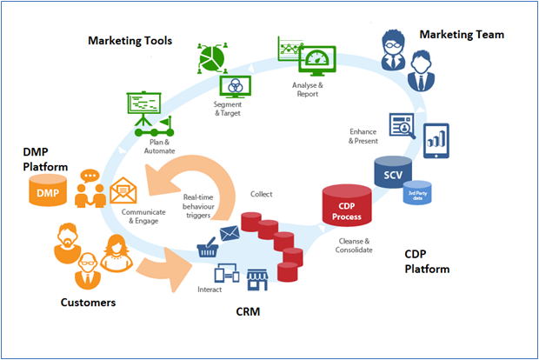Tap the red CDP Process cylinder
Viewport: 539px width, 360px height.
pos(347,210)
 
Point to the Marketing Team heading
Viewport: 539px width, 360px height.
pos(462,35)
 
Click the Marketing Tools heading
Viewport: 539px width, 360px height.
pos(130,41)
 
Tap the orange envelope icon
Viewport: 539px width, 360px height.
pos(123,190)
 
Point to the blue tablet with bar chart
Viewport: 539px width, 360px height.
pos(436,140)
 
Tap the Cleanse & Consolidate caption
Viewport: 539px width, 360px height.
pos(354,244)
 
